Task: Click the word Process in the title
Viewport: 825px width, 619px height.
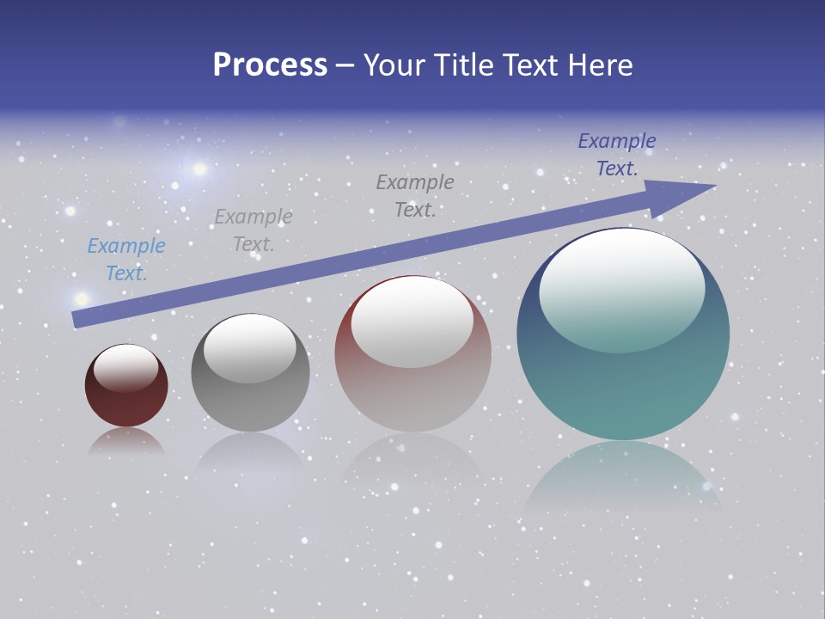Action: (x=270, y=65)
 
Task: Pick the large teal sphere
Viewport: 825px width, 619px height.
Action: (x=623, y=387)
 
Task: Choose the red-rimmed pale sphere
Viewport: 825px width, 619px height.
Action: (x=412, y=395)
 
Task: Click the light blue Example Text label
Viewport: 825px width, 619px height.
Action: (x=126, y=259)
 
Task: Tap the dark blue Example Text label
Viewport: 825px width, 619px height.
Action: (x=617, y=154)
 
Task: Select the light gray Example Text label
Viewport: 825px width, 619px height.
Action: (x=254, y=230)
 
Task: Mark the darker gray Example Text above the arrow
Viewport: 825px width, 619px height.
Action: (x=415, y=195)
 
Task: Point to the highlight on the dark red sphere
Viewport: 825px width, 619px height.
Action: (x=126, y=368)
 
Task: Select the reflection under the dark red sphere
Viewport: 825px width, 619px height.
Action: (x=126, y=440)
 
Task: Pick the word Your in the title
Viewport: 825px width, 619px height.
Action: (x=395, y=65)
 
